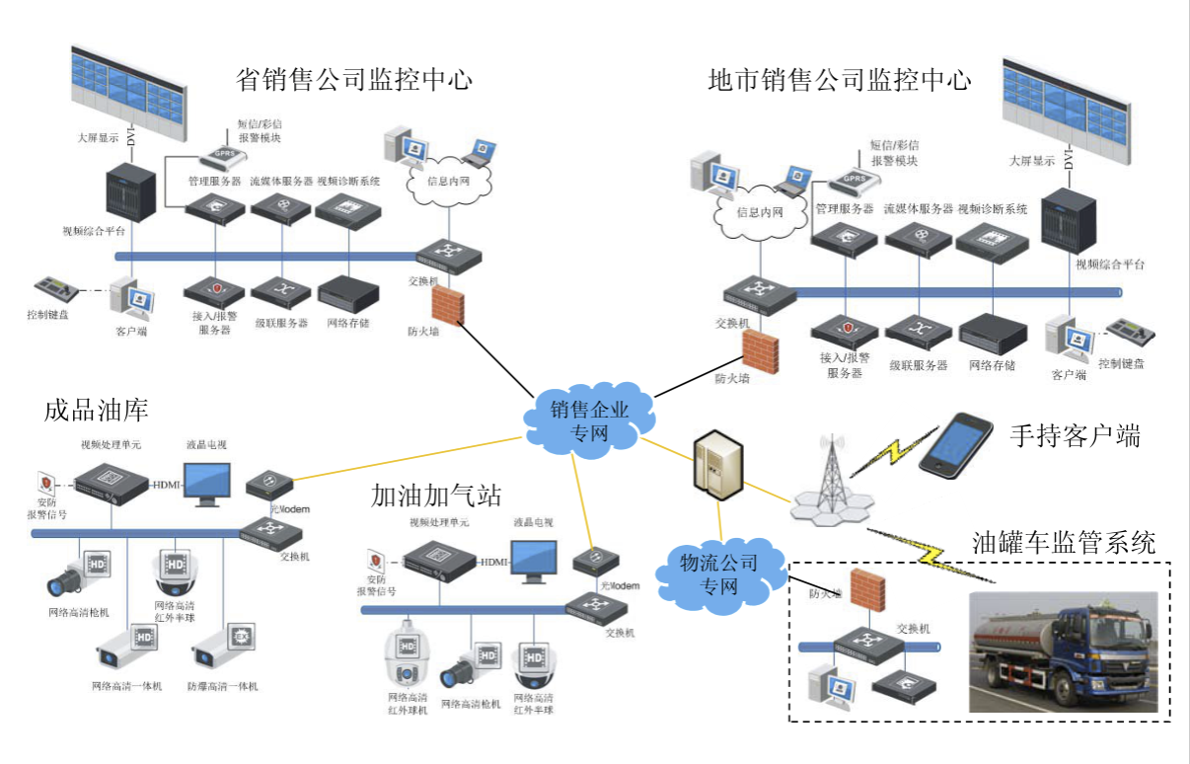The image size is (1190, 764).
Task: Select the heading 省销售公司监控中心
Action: pos(354,79)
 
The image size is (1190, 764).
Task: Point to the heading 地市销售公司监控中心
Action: pos(840,80)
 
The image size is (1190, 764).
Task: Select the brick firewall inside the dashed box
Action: pos(866,591)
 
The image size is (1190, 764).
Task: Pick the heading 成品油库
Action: pos(96,412)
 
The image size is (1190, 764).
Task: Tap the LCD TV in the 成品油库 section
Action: pos(209,483)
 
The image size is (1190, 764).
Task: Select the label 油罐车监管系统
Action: pos(1064,542)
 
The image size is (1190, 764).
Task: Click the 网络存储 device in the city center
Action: pos(992,332)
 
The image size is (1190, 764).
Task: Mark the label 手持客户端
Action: pos(1075,435)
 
